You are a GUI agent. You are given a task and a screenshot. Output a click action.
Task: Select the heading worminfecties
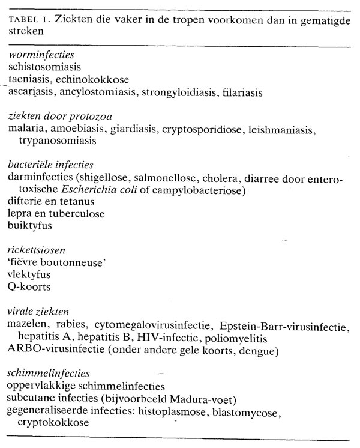point(37,55)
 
